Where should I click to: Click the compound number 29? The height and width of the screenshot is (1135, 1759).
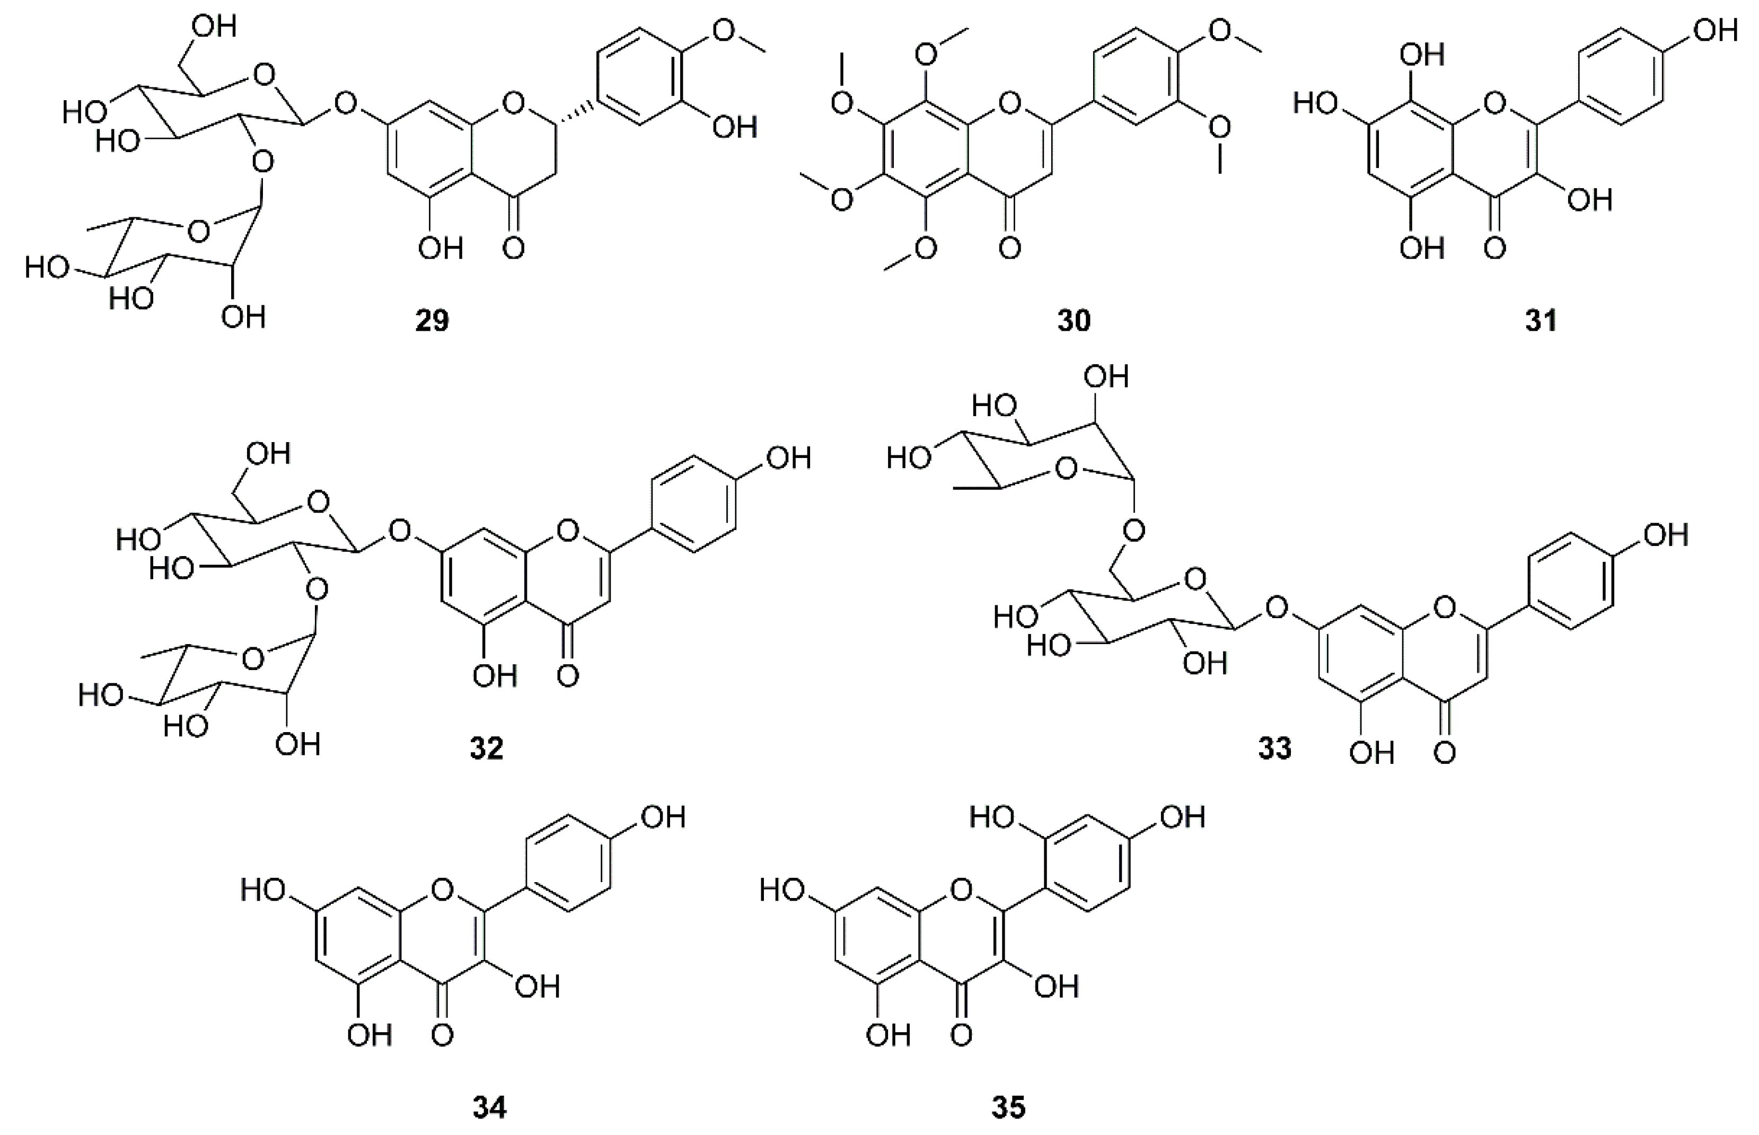coord(432,321)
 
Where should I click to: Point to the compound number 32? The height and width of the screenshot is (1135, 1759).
coord(486,749)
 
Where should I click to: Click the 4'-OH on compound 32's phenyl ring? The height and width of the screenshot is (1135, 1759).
coord(788,459)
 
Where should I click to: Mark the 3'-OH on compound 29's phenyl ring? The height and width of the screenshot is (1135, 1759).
coord(734,128)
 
